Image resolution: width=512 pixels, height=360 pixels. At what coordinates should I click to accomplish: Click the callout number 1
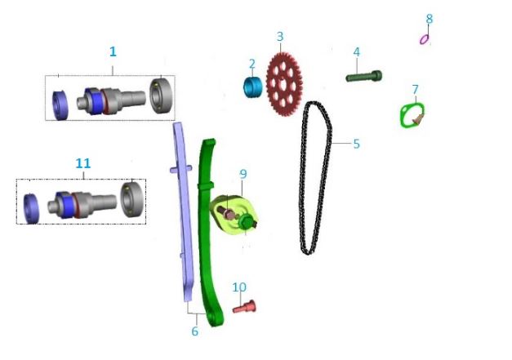pos(113,51)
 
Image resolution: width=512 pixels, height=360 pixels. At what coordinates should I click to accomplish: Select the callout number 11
pos(83,163)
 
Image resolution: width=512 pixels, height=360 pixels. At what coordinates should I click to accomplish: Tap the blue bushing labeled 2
pos(253,87)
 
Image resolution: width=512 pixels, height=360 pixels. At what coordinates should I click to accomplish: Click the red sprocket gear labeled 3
pos(284,84)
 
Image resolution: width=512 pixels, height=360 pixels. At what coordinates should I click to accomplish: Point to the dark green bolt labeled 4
pos(363,77)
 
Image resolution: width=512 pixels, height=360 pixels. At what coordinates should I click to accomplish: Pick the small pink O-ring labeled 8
pos(424,39)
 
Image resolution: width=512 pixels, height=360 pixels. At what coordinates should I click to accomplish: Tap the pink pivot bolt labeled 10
pos(244,307)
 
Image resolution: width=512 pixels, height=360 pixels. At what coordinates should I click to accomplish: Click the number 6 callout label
pos(195,331)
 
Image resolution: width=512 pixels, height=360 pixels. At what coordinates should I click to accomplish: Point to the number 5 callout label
pos(357,144)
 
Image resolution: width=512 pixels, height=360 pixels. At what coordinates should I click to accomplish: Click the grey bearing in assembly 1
pos(162,96)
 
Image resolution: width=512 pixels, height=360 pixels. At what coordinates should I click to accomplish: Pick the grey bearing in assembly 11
pos(132,199)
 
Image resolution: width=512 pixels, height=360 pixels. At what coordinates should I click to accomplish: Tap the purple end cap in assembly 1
pos(60,105)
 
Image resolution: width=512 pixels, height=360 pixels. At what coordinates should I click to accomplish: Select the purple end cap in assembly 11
pos(31,208)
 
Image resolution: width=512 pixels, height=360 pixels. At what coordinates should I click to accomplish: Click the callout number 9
pos(243,175)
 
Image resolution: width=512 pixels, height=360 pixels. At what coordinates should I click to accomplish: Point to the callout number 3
pos(280,37)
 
